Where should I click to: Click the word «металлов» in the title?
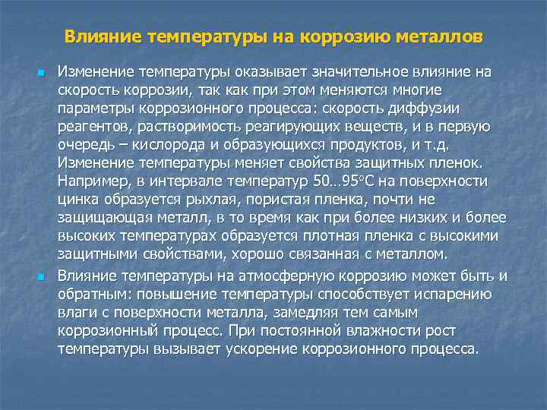point(439,36)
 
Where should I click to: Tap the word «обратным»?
point(93,294)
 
